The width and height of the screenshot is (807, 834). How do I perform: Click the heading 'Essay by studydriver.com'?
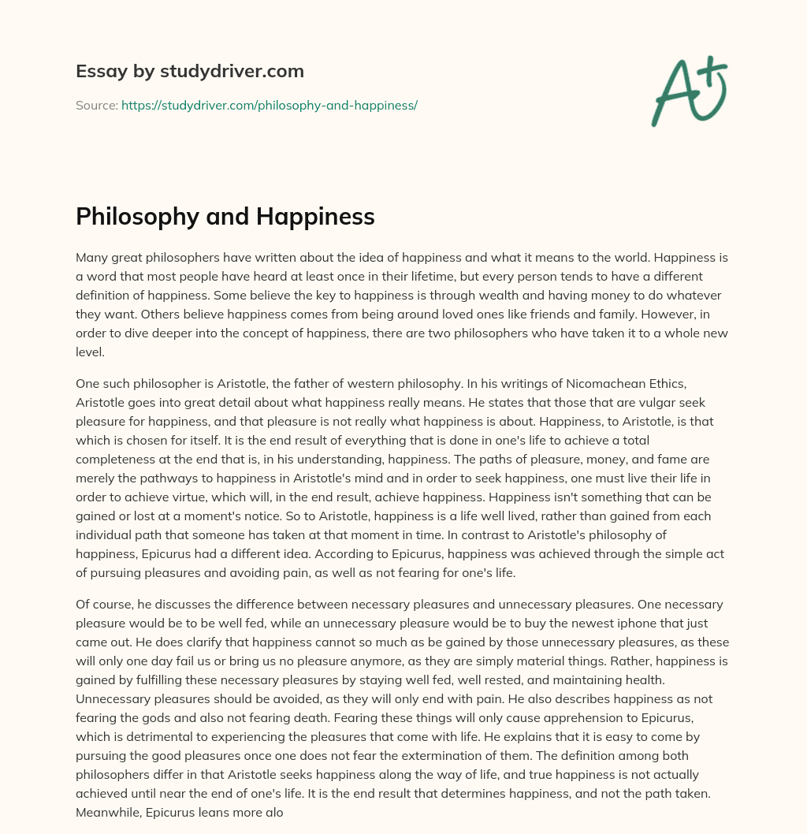tap(189, 71)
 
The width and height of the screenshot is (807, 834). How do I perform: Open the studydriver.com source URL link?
tap(269, 105)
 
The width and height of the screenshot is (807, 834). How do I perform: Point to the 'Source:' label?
tap(96, 105)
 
